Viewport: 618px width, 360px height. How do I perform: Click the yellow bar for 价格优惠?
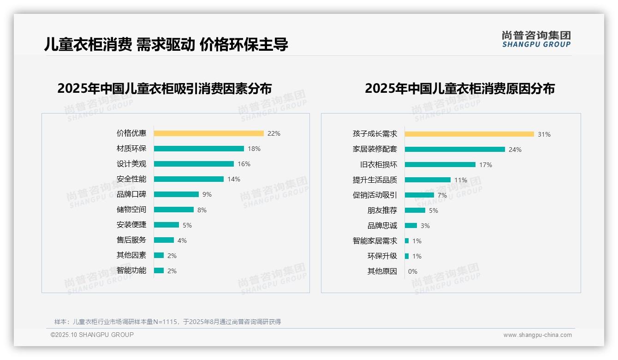(208, 133)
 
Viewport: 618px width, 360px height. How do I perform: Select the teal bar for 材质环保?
(199, 149)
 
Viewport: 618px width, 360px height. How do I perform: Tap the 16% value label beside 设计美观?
(244, 164)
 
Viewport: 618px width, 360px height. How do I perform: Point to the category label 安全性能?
(131, 179)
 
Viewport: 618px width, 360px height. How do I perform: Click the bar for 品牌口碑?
(176, 194)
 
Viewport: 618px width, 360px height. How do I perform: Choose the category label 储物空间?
(131, 210)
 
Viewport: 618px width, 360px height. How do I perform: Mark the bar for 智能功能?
(159, 270)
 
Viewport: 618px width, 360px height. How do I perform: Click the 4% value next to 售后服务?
(182, 240)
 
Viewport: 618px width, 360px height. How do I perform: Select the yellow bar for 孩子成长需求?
(469, 134)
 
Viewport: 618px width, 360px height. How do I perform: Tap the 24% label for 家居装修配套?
(515, 150)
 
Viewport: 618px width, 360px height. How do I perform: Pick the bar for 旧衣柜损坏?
(440, 165)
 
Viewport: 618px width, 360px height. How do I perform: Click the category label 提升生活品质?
(374, 180)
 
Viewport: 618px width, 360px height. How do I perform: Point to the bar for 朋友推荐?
(415, 210)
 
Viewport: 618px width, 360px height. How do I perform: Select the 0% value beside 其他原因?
(413, 271)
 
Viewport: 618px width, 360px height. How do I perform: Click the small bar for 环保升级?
(407, 256)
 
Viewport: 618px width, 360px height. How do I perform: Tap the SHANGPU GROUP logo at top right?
(536, 39)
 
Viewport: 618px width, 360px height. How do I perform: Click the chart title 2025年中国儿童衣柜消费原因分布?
(460, 89)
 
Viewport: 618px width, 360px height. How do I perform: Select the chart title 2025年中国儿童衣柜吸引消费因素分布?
(165, 88)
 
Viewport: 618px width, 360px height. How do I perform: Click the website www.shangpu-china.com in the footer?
(537, 335)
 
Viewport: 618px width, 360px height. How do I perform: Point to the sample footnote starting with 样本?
(167, 322)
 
